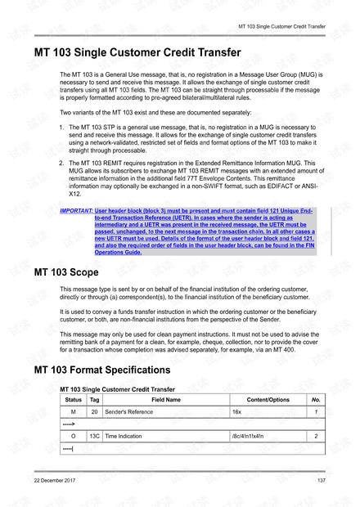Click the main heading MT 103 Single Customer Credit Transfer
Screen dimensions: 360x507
click(x=137, y=53)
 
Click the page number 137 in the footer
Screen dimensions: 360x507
click(x=322, y=479)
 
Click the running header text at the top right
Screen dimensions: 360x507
click(x=281, y=26)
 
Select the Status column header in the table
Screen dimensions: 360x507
click(x=74, y=399)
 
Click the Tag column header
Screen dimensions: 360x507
click(x=95, y=399)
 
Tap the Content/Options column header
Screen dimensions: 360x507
click(x=268, y=399)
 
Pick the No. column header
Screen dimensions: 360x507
click(x=316, y=399)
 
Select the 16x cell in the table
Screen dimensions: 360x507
click(x=237, y=411)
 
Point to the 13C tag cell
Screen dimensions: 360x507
click(x=95, y=437)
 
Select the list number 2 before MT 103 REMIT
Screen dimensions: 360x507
click(x=63, y=164)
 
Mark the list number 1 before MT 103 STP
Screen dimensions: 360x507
click(x=63, y=128)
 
